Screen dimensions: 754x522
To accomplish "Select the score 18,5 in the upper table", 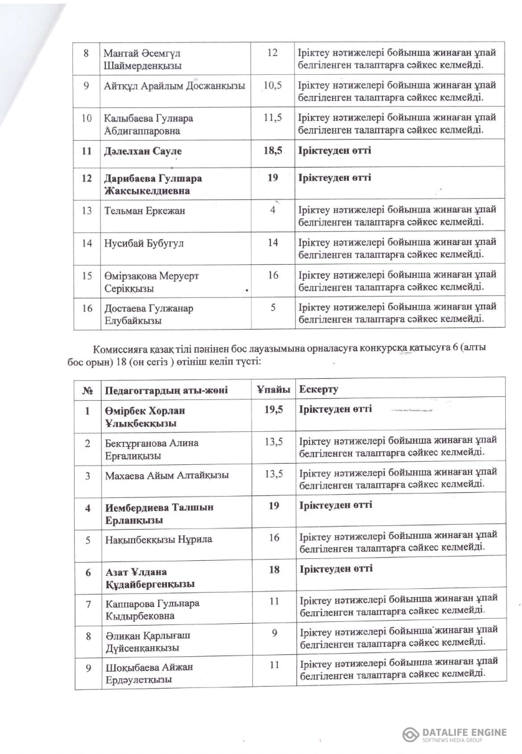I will click(272, 151).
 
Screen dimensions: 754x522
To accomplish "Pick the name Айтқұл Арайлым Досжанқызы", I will click(174, 85).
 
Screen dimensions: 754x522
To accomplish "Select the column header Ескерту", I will click(318, 390).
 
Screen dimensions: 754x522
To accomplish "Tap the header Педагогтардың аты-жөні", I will click(165, 391).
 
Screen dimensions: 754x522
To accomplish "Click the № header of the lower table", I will click(87, 391).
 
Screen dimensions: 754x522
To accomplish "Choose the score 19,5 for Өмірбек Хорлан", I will click(272, 410).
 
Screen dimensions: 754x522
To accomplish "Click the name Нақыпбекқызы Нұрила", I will click(158, 539).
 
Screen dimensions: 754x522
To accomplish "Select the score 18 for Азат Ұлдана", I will click(273, 570).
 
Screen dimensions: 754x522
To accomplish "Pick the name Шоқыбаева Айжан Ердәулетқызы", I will click(148, 673).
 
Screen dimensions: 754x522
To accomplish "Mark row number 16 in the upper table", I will click(87, 308).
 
